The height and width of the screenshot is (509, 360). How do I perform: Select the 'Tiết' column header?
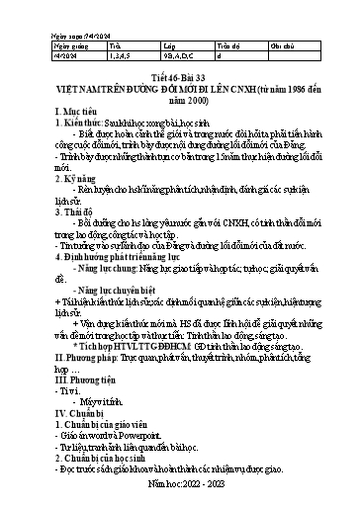(115, 44)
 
